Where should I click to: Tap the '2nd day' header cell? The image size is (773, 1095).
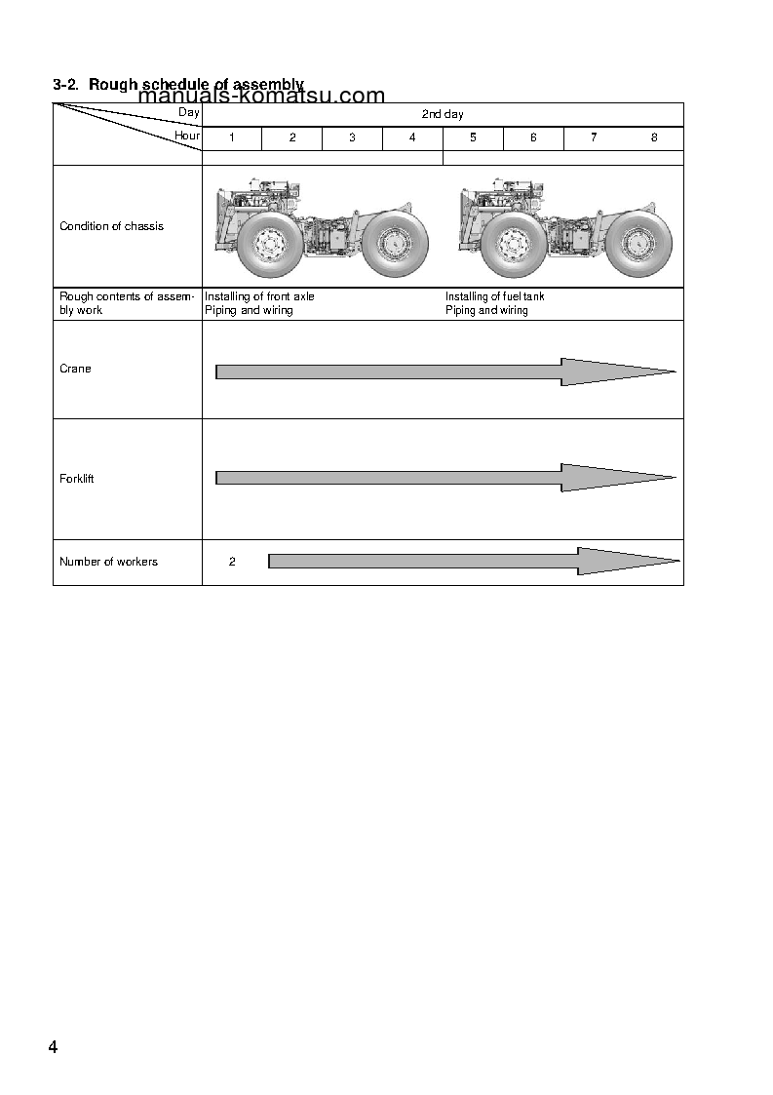click(x=443, y=114)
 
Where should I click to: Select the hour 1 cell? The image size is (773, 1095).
click(x=232, y=137)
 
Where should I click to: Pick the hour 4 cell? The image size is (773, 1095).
click(x=412, y=137)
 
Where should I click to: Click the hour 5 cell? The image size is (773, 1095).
click(x=473, y=137)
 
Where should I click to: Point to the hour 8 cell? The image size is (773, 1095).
click(x=654, y=137)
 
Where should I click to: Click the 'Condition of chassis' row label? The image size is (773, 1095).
click(x=111, y=226)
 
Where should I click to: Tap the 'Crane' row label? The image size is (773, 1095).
click(x=75, y=369)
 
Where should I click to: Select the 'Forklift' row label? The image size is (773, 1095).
click(x=77, y=479)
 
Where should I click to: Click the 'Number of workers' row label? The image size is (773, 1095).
click(x=108, y=562)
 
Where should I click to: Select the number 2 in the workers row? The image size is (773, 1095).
click(x=232, y=562)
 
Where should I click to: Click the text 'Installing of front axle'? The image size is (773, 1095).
click(x=259, y=296)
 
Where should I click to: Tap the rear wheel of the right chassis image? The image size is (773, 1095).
click(x=638, y=244)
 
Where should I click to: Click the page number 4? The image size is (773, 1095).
click(x=53, y=1048)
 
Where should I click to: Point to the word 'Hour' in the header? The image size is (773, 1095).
click(x=187, y=137)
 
